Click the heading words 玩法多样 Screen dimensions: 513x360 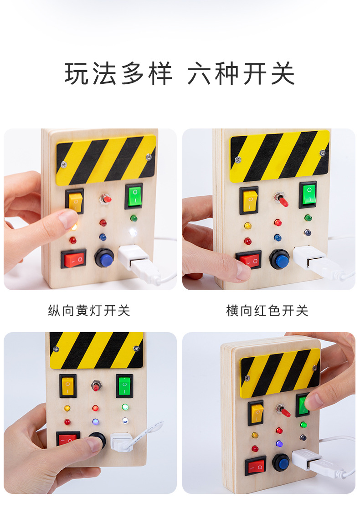tap(119, 74)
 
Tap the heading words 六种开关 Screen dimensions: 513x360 tap(242, 74)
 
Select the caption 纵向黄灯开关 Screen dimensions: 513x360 tap(89, 311)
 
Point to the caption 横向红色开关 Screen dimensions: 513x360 tap(267, 311)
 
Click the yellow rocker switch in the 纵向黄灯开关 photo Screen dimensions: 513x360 tap(75, 201)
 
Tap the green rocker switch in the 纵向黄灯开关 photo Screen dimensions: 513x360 tap(134, 196)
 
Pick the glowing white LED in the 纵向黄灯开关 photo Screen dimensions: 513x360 tap(133, 232)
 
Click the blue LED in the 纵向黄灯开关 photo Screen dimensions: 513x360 tap(103, 237)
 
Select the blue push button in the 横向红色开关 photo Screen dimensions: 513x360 tap(279, 260)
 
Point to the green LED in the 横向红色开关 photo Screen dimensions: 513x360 tap(308, 218)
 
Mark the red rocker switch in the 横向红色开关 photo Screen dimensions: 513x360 tap(249, 260)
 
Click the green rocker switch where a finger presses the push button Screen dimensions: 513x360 tap(124, 385)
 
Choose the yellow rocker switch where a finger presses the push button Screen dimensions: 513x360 tap(68, 385)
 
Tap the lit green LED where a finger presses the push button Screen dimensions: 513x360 tap(124, 406)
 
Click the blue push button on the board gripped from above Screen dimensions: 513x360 tap(281, 462)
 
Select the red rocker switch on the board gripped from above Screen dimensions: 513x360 tap(255, 466)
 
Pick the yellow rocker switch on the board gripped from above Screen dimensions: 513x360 tap(256, 413)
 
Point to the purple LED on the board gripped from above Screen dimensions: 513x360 tap(279, 443)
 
